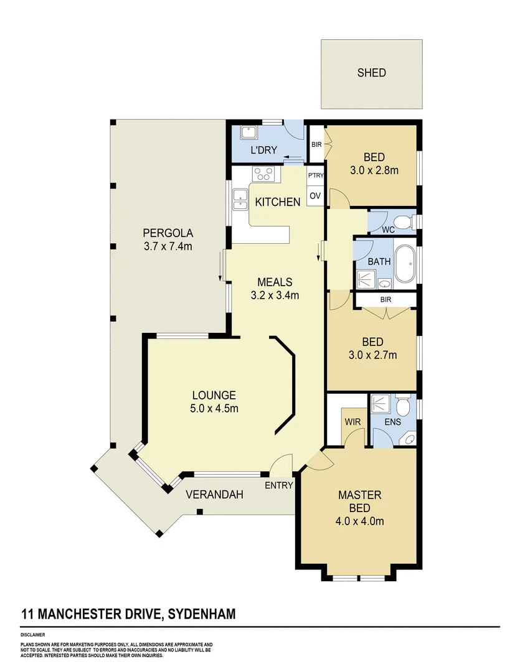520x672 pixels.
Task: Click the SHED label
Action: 371,73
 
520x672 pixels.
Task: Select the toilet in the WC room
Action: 403,222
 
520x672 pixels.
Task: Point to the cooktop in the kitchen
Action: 263,174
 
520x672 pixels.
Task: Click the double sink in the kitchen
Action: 240,198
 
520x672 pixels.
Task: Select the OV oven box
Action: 315,196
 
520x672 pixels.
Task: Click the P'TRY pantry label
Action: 316,175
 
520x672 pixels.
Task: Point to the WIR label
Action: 352,422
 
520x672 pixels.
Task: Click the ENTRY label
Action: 279,485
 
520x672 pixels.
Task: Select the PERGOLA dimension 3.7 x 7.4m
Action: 167,247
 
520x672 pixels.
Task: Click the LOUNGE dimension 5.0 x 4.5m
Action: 214,408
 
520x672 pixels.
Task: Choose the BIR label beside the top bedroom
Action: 316,144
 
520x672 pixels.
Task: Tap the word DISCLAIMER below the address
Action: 33,636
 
